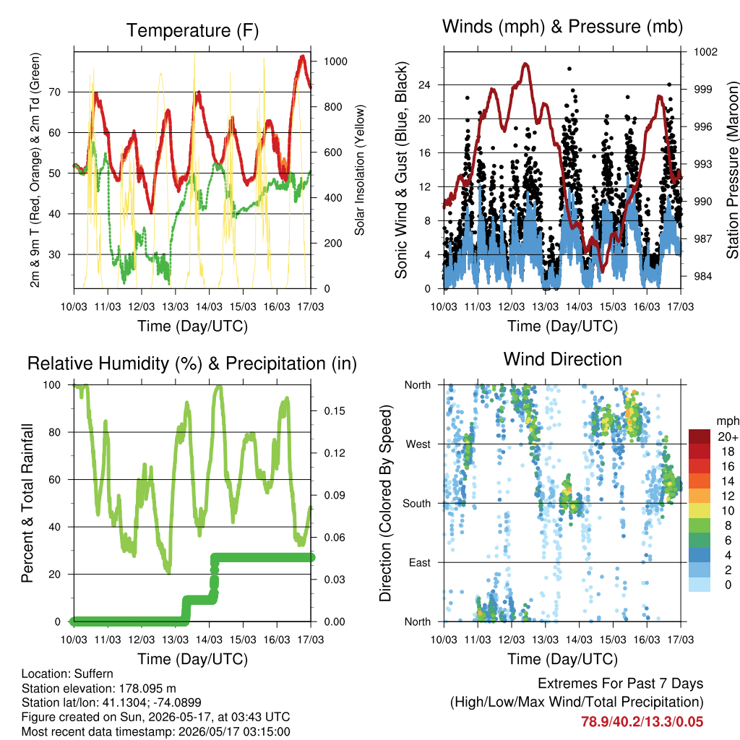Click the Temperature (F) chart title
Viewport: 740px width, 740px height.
tap(192, 30)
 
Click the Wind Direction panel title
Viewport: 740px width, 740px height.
tap(562, 359)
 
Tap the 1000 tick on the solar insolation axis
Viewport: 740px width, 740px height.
tap(335, 61)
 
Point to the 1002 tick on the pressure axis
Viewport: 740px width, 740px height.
tap(705, 51)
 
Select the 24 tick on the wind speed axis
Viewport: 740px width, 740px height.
tap(424, 85)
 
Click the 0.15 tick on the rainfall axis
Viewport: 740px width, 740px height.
tap(335, 411)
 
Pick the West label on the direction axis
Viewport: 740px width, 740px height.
tap(418, 444)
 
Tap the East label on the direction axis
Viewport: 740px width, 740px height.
tap(420, 562)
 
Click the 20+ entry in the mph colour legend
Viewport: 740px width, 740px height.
tap(728, 436)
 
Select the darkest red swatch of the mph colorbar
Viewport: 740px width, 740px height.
tap(700, 436)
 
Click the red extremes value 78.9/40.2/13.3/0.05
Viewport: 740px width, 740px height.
tap(642, 722)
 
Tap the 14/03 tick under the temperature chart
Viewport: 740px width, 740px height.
tap(209, 306)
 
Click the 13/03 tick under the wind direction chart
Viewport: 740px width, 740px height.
tap(545, 640)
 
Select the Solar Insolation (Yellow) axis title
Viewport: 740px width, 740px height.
tap(360, 170)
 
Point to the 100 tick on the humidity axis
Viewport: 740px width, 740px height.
tap(52, 385)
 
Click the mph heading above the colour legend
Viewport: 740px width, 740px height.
tap(727, 421)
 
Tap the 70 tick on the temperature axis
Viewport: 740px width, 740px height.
tap(55, 92)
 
